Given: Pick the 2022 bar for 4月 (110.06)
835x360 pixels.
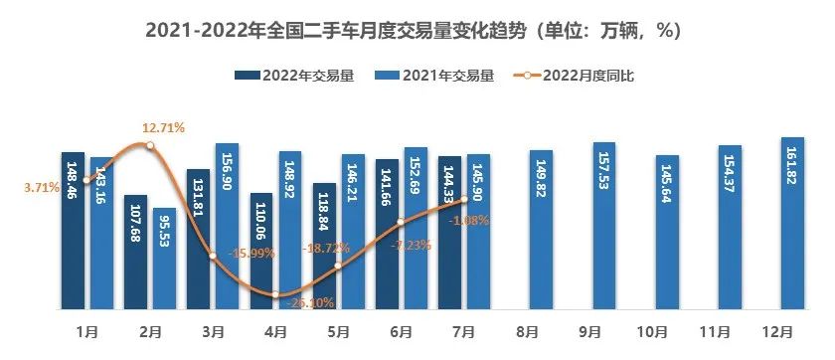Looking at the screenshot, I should click(261, 249).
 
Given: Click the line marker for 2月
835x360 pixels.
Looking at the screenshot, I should click(150, 146).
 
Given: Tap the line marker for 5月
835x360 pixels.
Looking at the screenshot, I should click(338, 266).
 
